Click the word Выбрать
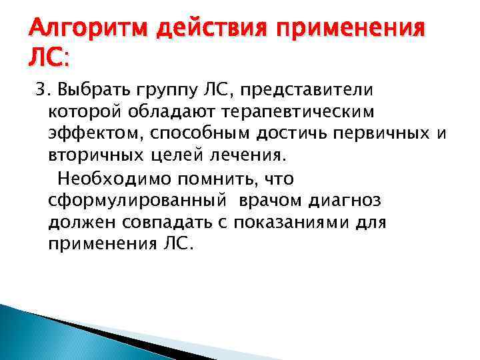tap(87, 89)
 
